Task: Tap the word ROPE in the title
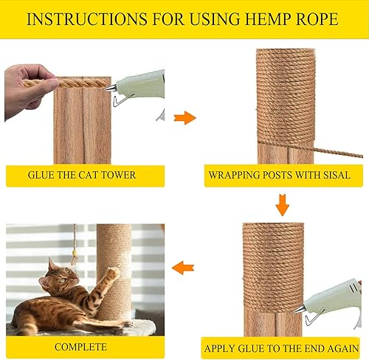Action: coord(317,19)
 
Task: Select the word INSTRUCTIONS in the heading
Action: coord(87,19)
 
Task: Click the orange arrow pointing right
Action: coord(184,117)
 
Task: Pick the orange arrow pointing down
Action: coord(283,205)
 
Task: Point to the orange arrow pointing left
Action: coord(183,268)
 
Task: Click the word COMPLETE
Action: coord(80,347)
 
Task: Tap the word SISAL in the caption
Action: coord(337,175)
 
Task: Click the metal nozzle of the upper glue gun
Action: coord(111,88)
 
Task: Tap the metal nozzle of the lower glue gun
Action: coord(300,309)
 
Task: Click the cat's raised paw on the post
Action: coord(113,272)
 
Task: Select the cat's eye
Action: coord(62,280)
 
